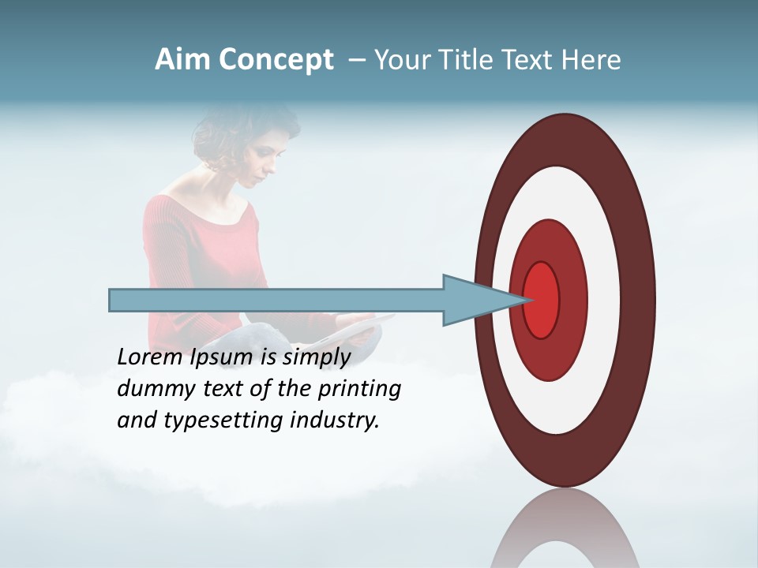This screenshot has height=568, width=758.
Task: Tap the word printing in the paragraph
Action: (x=359, y=389)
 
